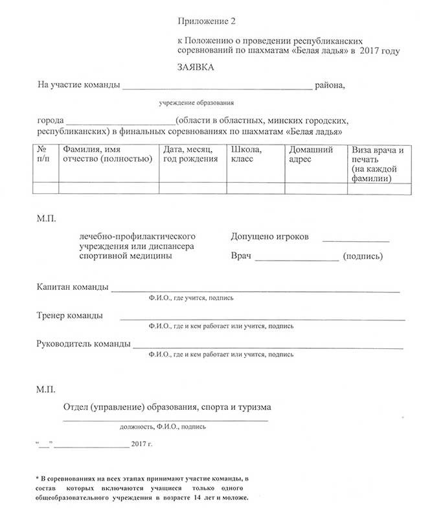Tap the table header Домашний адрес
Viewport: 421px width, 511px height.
point(311,154)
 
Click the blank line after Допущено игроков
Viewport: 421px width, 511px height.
point(356,239)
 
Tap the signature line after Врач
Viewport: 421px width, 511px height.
point(297,259)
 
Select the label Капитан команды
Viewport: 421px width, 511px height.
point(73,287)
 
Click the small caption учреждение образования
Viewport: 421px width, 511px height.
point(197,102)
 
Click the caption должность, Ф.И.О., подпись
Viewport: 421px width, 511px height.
point(163,427)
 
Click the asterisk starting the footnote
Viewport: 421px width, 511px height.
point(38,477)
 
